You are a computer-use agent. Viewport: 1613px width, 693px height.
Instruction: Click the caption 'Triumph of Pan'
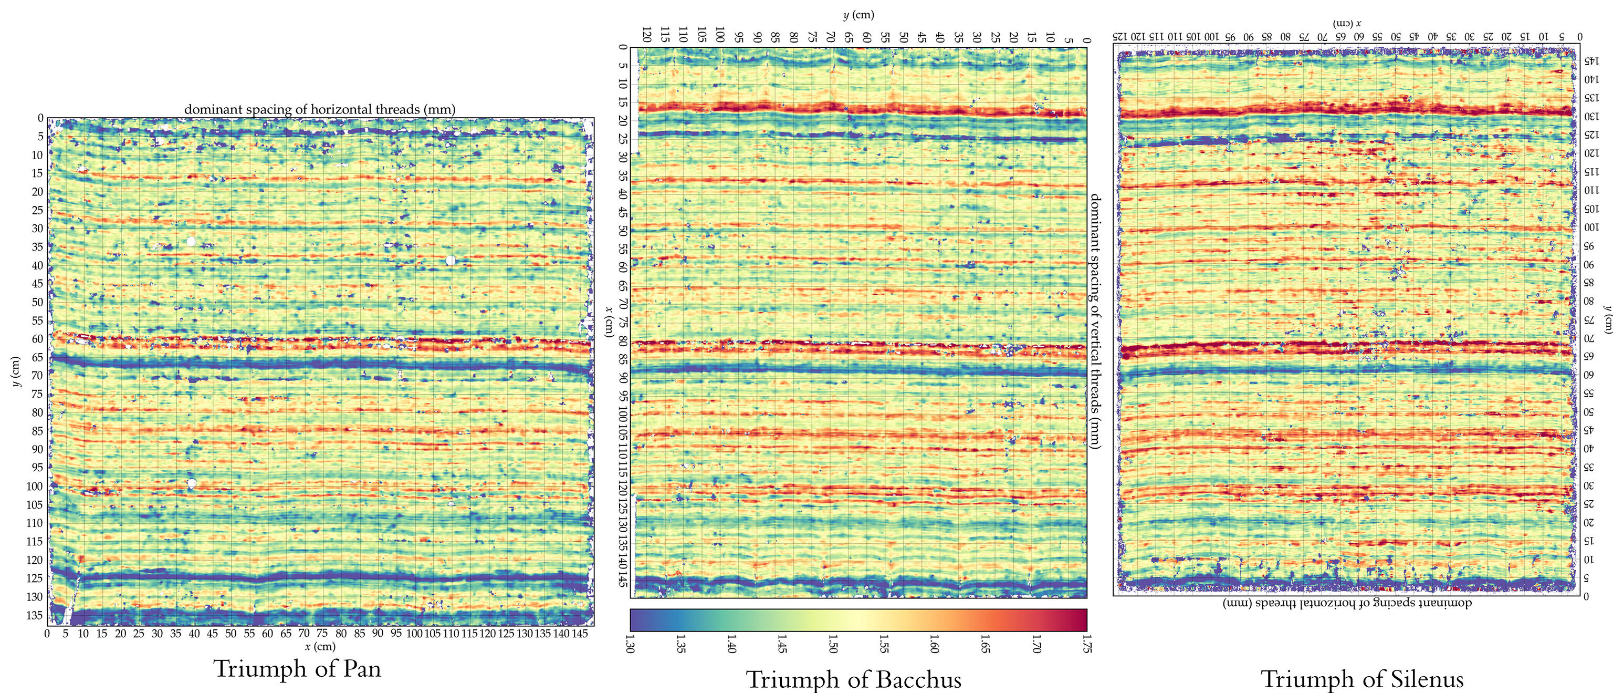pos(297,668)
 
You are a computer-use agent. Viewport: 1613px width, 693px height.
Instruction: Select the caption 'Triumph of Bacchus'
pos(853,680)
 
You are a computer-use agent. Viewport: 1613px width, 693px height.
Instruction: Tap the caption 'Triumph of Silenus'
pos(1362,679)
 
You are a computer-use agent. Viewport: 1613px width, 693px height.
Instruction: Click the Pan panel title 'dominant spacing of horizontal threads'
pos(319,109)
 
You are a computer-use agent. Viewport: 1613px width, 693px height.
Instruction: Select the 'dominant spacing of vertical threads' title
pos(1095,321)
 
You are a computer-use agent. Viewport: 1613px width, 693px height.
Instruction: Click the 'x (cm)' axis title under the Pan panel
pos(320,646)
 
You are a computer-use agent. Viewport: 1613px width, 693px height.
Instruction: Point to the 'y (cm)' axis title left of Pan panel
pos(16,371)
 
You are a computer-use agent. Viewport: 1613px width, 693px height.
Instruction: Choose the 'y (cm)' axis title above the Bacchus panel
pos(858,14)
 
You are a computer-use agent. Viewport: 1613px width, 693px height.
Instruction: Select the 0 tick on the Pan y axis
pos(41,118)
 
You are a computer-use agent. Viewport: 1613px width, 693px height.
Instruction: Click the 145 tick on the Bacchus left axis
pos(622,580)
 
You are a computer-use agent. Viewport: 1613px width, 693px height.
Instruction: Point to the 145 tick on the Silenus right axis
pos(1591,61)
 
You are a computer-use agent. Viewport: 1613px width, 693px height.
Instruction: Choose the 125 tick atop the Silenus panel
pos(1120,36)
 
